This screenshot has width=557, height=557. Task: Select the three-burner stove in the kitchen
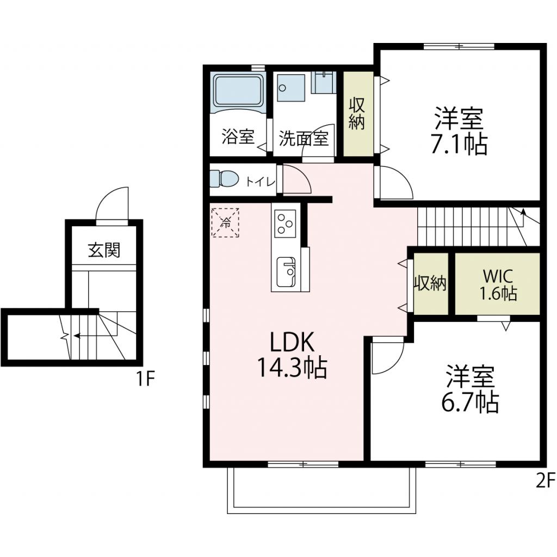click(x=284, y=222)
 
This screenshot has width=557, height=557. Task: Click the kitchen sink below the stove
click(x=285, y=271)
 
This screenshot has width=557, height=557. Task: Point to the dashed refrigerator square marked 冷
click(x=225, y=221)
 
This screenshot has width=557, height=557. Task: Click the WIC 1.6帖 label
click(x=497, y=284)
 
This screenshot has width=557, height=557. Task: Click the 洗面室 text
click(x=304, y=138)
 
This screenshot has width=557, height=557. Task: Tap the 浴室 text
click(x=238, y=137)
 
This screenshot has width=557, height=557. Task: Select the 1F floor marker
click(x=146, y=378)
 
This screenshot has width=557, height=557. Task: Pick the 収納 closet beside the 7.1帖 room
click(x=356, y=113)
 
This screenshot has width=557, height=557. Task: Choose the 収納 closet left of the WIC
click(x=430, y=283)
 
